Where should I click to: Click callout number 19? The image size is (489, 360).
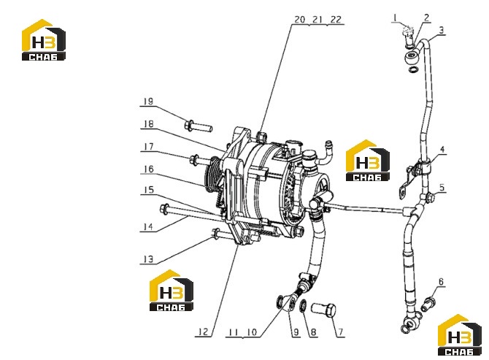click(148, 102)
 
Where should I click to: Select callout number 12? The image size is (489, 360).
click(203, 332)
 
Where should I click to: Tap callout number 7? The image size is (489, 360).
click(341, 332)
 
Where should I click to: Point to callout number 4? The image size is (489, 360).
click(442, 150)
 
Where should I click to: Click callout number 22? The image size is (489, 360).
click(336, 19)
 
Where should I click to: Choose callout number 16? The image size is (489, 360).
click(149, 169)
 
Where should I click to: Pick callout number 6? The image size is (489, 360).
click(441, 282)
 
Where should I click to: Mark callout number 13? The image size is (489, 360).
click(148, 259)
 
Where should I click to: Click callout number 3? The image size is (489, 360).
click(442, 30)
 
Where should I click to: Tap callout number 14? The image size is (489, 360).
click(148, 227)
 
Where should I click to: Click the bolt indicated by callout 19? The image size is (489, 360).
click(199, 126)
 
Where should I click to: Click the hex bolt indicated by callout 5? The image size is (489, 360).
click(430, 197)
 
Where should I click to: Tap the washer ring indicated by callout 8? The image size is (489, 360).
click(303, 306)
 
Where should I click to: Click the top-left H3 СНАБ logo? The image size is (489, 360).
click(44, 40)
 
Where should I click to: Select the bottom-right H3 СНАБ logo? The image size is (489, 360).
click(460, 334)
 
